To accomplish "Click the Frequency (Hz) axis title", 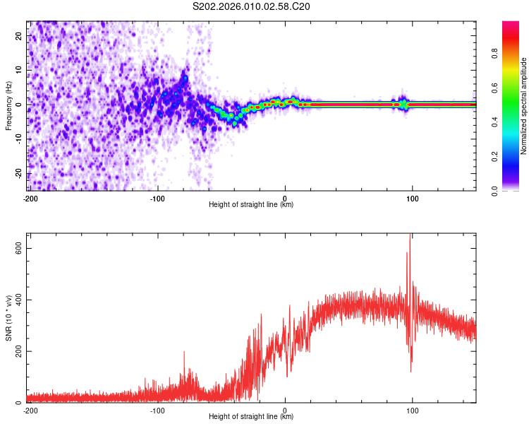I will [8, 105].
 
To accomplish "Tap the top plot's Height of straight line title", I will [251, 205].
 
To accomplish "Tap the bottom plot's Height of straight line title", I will [251, 417].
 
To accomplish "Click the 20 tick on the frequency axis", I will [18, 35].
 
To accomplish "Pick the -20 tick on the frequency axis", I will [17, 174].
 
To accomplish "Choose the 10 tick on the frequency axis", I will [18, 69].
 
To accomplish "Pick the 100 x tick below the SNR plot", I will [413, 410].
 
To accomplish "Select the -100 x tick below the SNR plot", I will [158, 410].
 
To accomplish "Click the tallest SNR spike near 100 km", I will [410, 237].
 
